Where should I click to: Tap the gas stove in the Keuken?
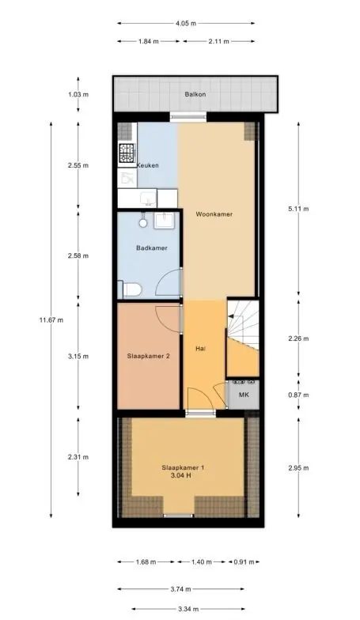pos(127,153)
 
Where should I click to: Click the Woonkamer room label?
pos(214,214)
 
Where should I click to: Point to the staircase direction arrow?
pos(231,316)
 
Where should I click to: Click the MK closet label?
pos(244,395)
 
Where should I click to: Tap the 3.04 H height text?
pos(180,476)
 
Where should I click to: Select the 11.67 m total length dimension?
pos(51,320)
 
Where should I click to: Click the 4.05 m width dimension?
pos(186,24)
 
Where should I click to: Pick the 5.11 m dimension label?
pos(298,209)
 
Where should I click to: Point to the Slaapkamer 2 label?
pos(149,356)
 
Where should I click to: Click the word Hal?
pos(201,349)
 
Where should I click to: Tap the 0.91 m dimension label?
pos(244,561)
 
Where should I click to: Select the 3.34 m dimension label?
pos(188,609)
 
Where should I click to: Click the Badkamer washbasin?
pos(164,221)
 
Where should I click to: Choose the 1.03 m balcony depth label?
pos(78,95)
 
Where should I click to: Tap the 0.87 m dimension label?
pos(298,395)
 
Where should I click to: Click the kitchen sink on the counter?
pos(149,198)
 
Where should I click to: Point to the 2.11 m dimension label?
pos(218,41)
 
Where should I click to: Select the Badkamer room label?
pos(152,248)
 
